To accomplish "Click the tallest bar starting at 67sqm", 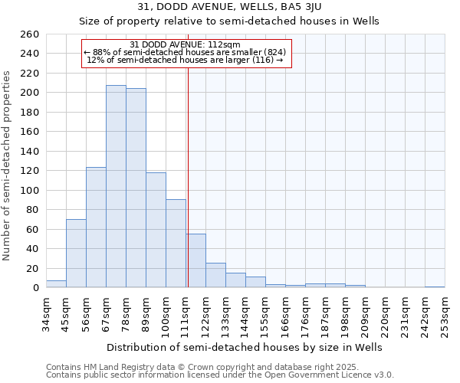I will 116,186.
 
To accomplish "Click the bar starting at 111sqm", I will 195,260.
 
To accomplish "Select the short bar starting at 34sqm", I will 56,284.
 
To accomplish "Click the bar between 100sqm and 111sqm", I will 176,244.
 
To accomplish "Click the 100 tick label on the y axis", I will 31,190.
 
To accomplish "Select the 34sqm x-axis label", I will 46,315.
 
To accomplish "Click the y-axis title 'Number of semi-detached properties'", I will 8,165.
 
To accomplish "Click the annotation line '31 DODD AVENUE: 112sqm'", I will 185,44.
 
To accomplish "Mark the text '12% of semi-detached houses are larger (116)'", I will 185,60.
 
